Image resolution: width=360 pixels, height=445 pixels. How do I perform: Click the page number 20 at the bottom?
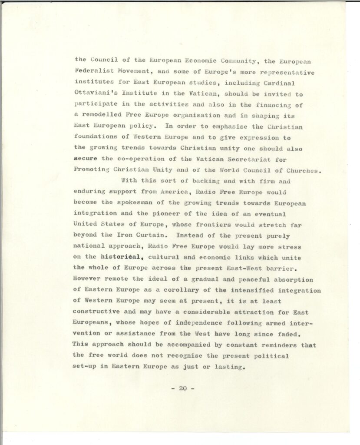pyautogui.click(x=182, y=389)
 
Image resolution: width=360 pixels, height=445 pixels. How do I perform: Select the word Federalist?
pyautogui.click(x=95, y=71)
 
